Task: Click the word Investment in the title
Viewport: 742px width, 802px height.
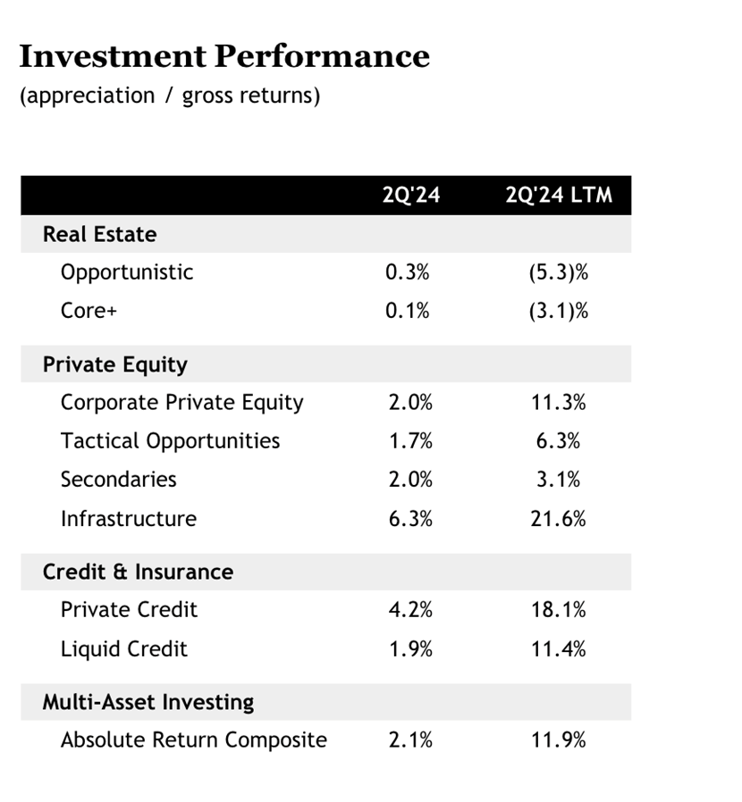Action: point(113,55)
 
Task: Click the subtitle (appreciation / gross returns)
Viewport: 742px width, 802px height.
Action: point(170,96)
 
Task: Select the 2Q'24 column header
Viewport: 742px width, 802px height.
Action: point(411,195)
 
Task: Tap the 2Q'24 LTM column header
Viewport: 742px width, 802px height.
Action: point(559,195)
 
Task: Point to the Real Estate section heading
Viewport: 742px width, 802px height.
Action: point(100,234)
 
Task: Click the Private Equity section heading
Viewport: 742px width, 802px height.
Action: point(115,364)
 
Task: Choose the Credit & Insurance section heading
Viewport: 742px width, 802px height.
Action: point(139,572)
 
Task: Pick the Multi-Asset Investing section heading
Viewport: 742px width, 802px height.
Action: point(148,702)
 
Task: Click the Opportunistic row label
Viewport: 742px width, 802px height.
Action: point(127,272)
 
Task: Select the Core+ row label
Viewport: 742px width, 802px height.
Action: point(89,311)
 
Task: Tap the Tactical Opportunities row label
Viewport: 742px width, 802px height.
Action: point(171,441)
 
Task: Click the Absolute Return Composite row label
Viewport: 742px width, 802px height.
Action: point(194,740)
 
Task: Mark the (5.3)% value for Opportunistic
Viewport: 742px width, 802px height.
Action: point(559,272)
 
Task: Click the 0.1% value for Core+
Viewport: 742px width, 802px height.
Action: point(408,311)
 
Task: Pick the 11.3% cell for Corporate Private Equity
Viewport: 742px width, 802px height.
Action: point(558,403)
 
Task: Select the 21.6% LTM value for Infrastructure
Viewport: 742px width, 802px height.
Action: point(558,519)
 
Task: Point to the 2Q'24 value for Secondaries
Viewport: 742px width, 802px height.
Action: point(410,480)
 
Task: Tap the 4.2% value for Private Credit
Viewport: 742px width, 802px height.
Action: point(410,610)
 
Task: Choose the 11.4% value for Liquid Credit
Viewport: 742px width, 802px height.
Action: point(558,649)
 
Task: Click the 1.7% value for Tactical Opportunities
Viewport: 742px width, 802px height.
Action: point(410,441)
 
